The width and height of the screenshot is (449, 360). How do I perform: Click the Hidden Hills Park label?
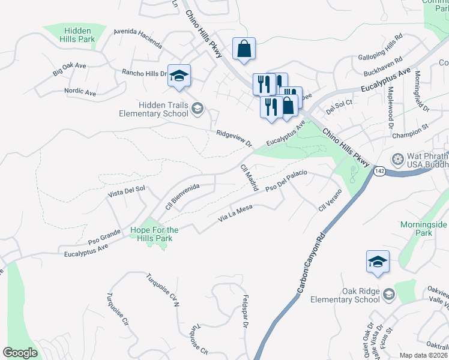[78, 35]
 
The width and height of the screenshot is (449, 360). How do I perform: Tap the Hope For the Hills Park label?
[155, 234]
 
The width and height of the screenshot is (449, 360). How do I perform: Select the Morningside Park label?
[424, 229]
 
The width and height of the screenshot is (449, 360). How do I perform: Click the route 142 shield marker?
[379, 172]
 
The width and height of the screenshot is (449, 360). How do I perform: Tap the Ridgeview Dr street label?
[234, 139]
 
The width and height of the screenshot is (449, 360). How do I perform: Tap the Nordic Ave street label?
[80, 93]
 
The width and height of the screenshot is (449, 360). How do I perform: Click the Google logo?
[20, 353]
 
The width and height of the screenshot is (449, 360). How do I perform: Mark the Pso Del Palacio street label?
[286, 182]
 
